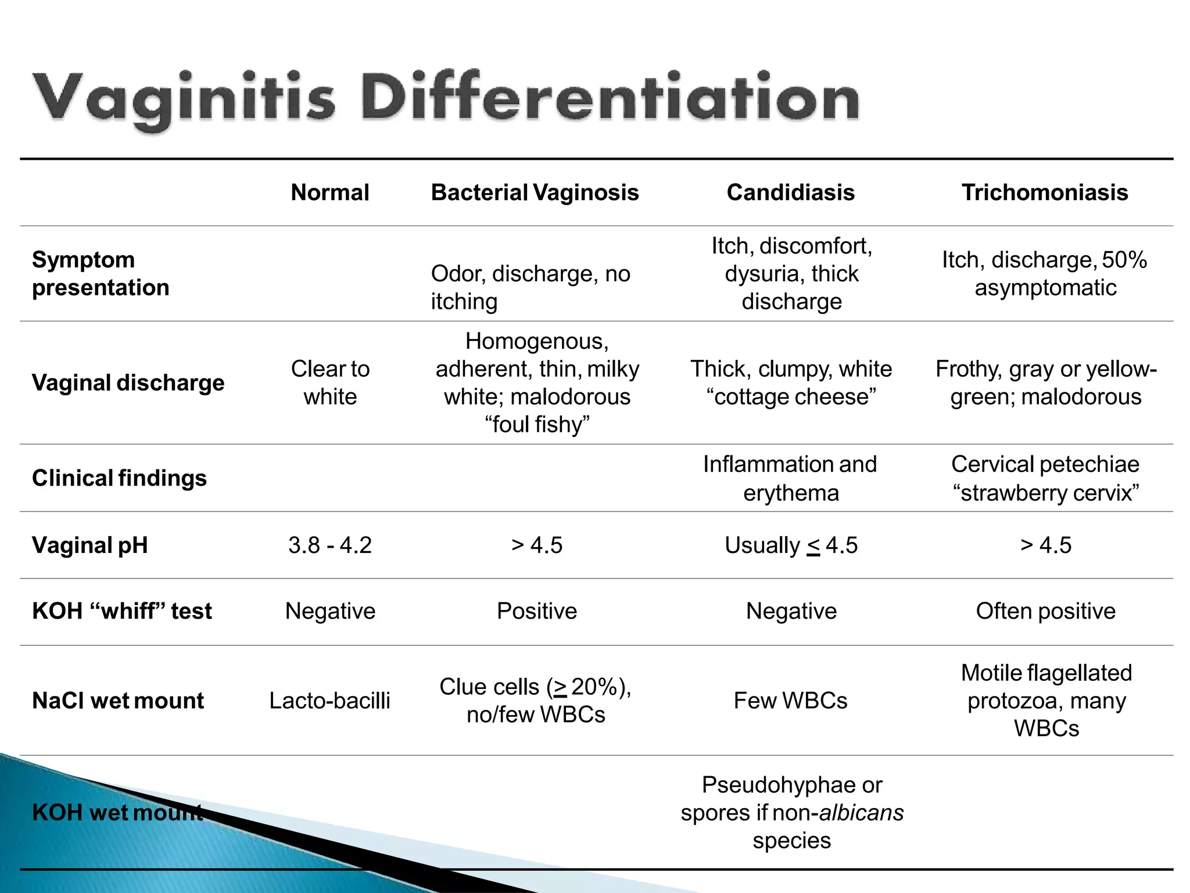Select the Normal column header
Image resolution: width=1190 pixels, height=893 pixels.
[x=330, y=192]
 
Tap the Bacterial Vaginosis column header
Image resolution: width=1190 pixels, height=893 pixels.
[x=535, y=192]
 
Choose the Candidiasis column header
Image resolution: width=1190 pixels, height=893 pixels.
[x=791, y=192]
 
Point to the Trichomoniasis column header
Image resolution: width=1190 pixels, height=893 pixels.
[x=1045, y=192]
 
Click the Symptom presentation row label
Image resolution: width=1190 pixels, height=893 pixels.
[x=101, y=273]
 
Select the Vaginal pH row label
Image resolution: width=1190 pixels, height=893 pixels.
[x=90, y=545]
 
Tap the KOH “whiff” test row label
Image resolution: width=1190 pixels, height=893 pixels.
[x=122, y=611]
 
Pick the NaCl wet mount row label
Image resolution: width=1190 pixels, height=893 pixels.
[x=118, y=701]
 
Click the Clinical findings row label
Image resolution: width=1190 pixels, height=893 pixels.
[x=119, y=478]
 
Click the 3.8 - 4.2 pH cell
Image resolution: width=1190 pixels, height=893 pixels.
[x=330, y=545]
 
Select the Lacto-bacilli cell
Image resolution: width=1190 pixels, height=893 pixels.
[x=330, y=701]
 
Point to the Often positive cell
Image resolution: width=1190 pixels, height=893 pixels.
[x=1046, y=611]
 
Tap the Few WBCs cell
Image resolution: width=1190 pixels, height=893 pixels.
[x=791, y=701]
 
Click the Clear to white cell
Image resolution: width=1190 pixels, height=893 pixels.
[x=330, y=383]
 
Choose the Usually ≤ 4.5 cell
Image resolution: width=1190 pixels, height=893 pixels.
[x=791, y=545]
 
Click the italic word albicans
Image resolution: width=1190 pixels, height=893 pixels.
[x=861, y=813]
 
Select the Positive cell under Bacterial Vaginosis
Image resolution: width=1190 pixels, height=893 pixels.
[x=537, y=611]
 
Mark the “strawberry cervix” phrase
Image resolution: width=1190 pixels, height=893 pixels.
[x=1046, y=493]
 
